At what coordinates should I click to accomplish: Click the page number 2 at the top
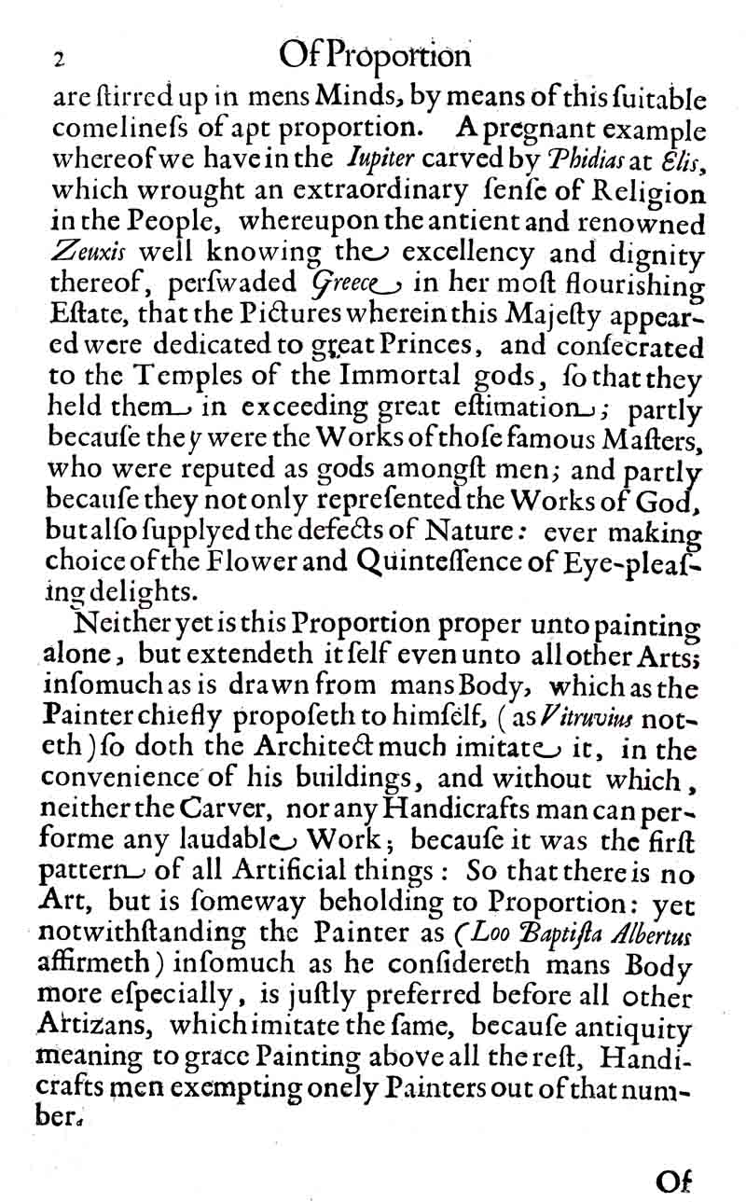click(58, 59)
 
